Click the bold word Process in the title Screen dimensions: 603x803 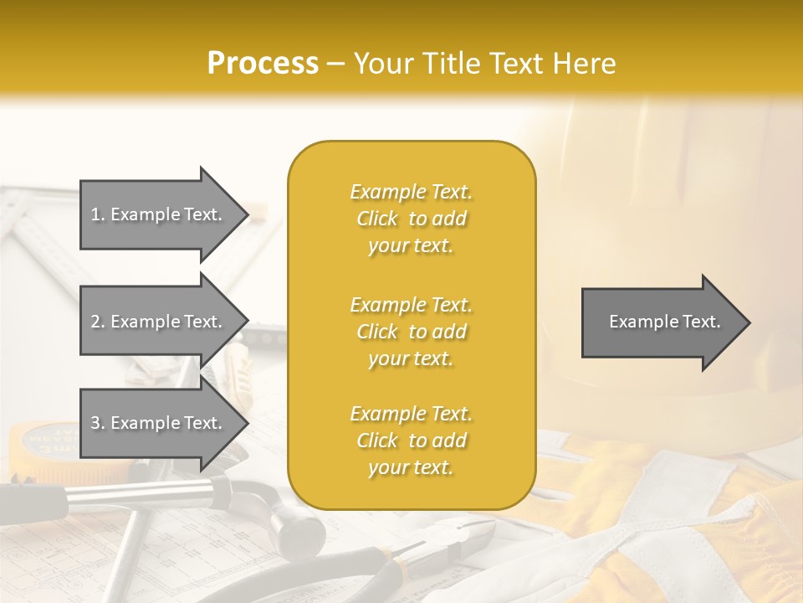point(263,64)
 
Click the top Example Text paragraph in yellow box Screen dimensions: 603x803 point(411,219)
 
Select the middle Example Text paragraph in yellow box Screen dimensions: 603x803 point(411,332)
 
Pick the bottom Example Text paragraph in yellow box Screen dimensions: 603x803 point(411,441)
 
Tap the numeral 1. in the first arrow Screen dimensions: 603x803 point(98,214)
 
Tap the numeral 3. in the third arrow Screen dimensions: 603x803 point(98,423)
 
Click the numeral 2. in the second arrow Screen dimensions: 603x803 point(98,322)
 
